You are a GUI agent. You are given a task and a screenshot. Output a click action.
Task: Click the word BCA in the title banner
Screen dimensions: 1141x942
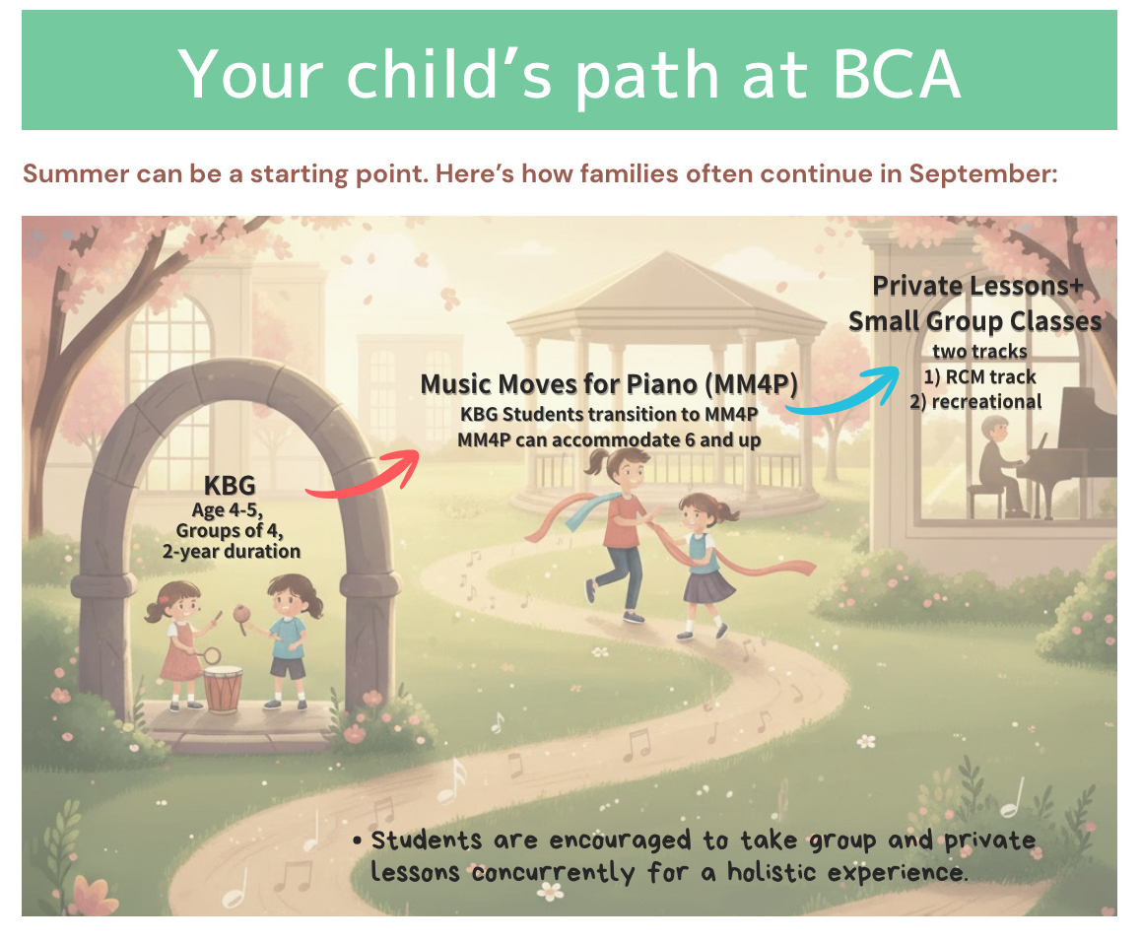tap(897, 74)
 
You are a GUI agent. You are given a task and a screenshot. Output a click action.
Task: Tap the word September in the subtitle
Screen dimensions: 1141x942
tap(982, 174)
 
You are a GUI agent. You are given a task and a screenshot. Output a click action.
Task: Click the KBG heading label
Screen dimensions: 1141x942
tap(230, 486)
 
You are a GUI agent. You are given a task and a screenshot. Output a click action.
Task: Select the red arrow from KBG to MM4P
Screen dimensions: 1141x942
tap(364, 475)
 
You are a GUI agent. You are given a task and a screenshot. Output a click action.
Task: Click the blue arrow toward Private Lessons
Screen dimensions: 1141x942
tap(844, 391)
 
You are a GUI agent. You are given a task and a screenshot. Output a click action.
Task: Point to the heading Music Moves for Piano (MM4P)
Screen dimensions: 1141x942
tap(609, 383)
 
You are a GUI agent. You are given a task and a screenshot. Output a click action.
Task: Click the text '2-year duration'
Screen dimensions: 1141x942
tap(232, 551)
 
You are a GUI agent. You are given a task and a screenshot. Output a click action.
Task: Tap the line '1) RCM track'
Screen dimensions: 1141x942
tap(979, 377)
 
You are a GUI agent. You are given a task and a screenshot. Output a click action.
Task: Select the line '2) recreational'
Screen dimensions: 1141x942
tap(975, 402)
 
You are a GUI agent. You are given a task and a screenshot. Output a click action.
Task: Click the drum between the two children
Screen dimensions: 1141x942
tap(223, 689)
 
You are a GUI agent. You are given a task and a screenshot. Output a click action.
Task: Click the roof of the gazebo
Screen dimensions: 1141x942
tap(665, 293)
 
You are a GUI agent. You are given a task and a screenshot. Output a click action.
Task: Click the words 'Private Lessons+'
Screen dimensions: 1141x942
tap(977, 286)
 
